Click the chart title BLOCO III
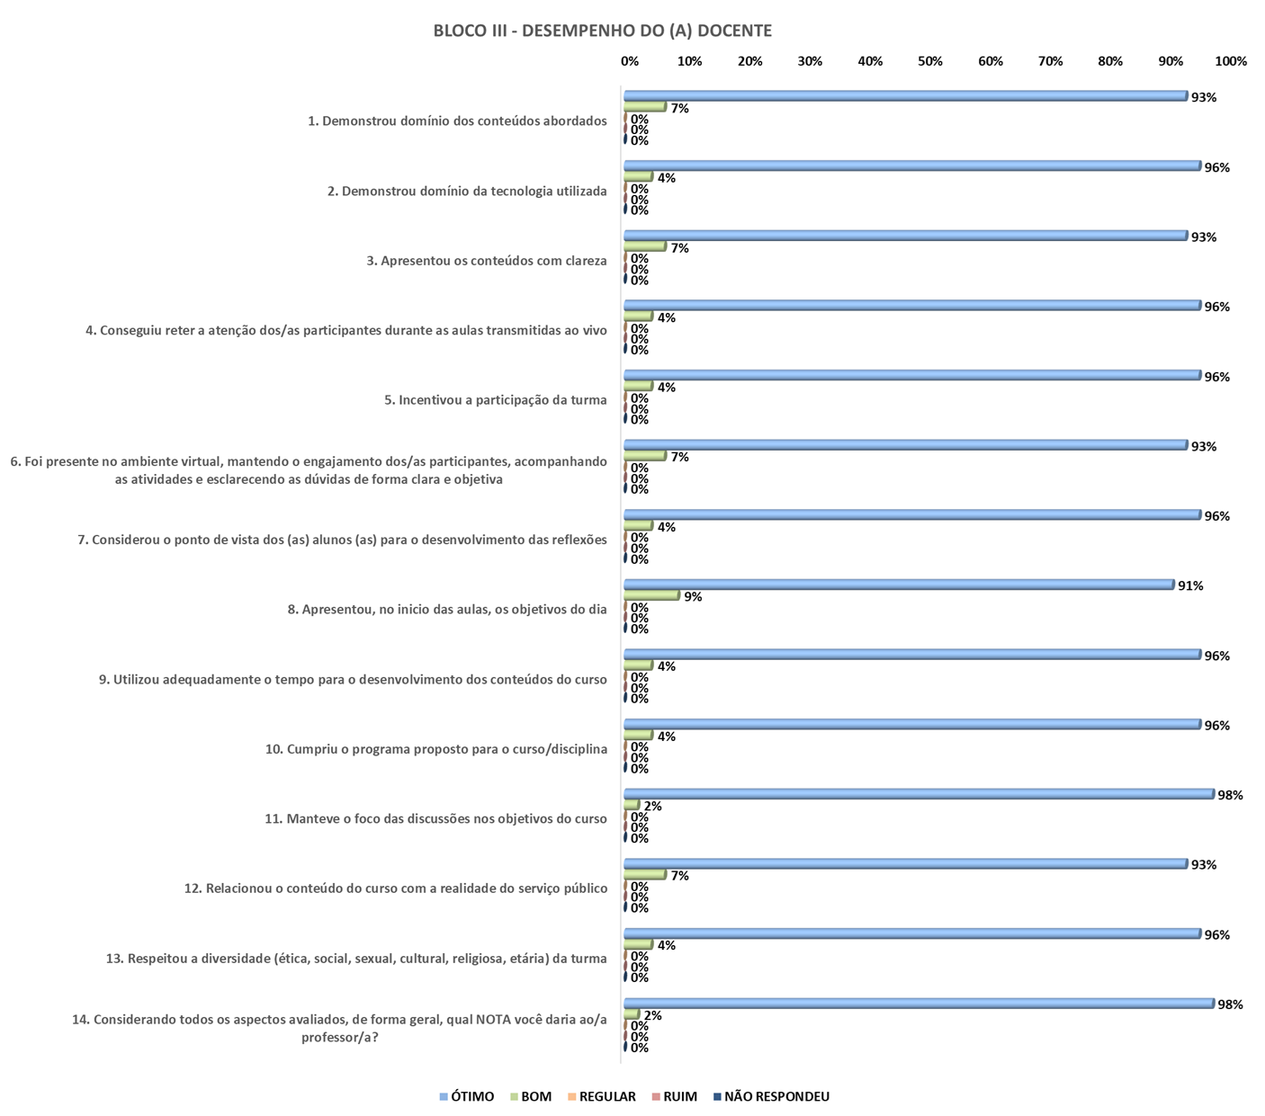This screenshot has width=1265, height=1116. click(x=602, y=31)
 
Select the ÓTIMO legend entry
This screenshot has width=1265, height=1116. click(x=467, y=1096)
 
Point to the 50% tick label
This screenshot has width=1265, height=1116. click(x=930, y=61)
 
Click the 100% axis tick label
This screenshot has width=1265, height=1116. click(x=1231, y=61)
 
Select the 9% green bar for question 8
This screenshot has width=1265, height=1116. click(x=651, y=595)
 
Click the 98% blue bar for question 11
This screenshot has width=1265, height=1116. click(x=919, y=794)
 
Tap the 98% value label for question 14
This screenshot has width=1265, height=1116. click(x=1229, y=1004)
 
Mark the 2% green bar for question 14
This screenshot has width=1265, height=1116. click(x=632, y=1014)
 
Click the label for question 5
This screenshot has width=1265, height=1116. click(x=496, y=399)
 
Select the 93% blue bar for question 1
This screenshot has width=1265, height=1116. click(x=905, y=96)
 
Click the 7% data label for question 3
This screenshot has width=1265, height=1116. click(x=679, y=248)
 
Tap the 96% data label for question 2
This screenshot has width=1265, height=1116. click(x=1216, y=167)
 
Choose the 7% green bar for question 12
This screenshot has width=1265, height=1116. click(x=645, y=874)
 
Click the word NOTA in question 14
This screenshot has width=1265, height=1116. click(x=495, y=1020)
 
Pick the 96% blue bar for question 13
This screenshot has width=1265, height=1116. click(x=912, y=933)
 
